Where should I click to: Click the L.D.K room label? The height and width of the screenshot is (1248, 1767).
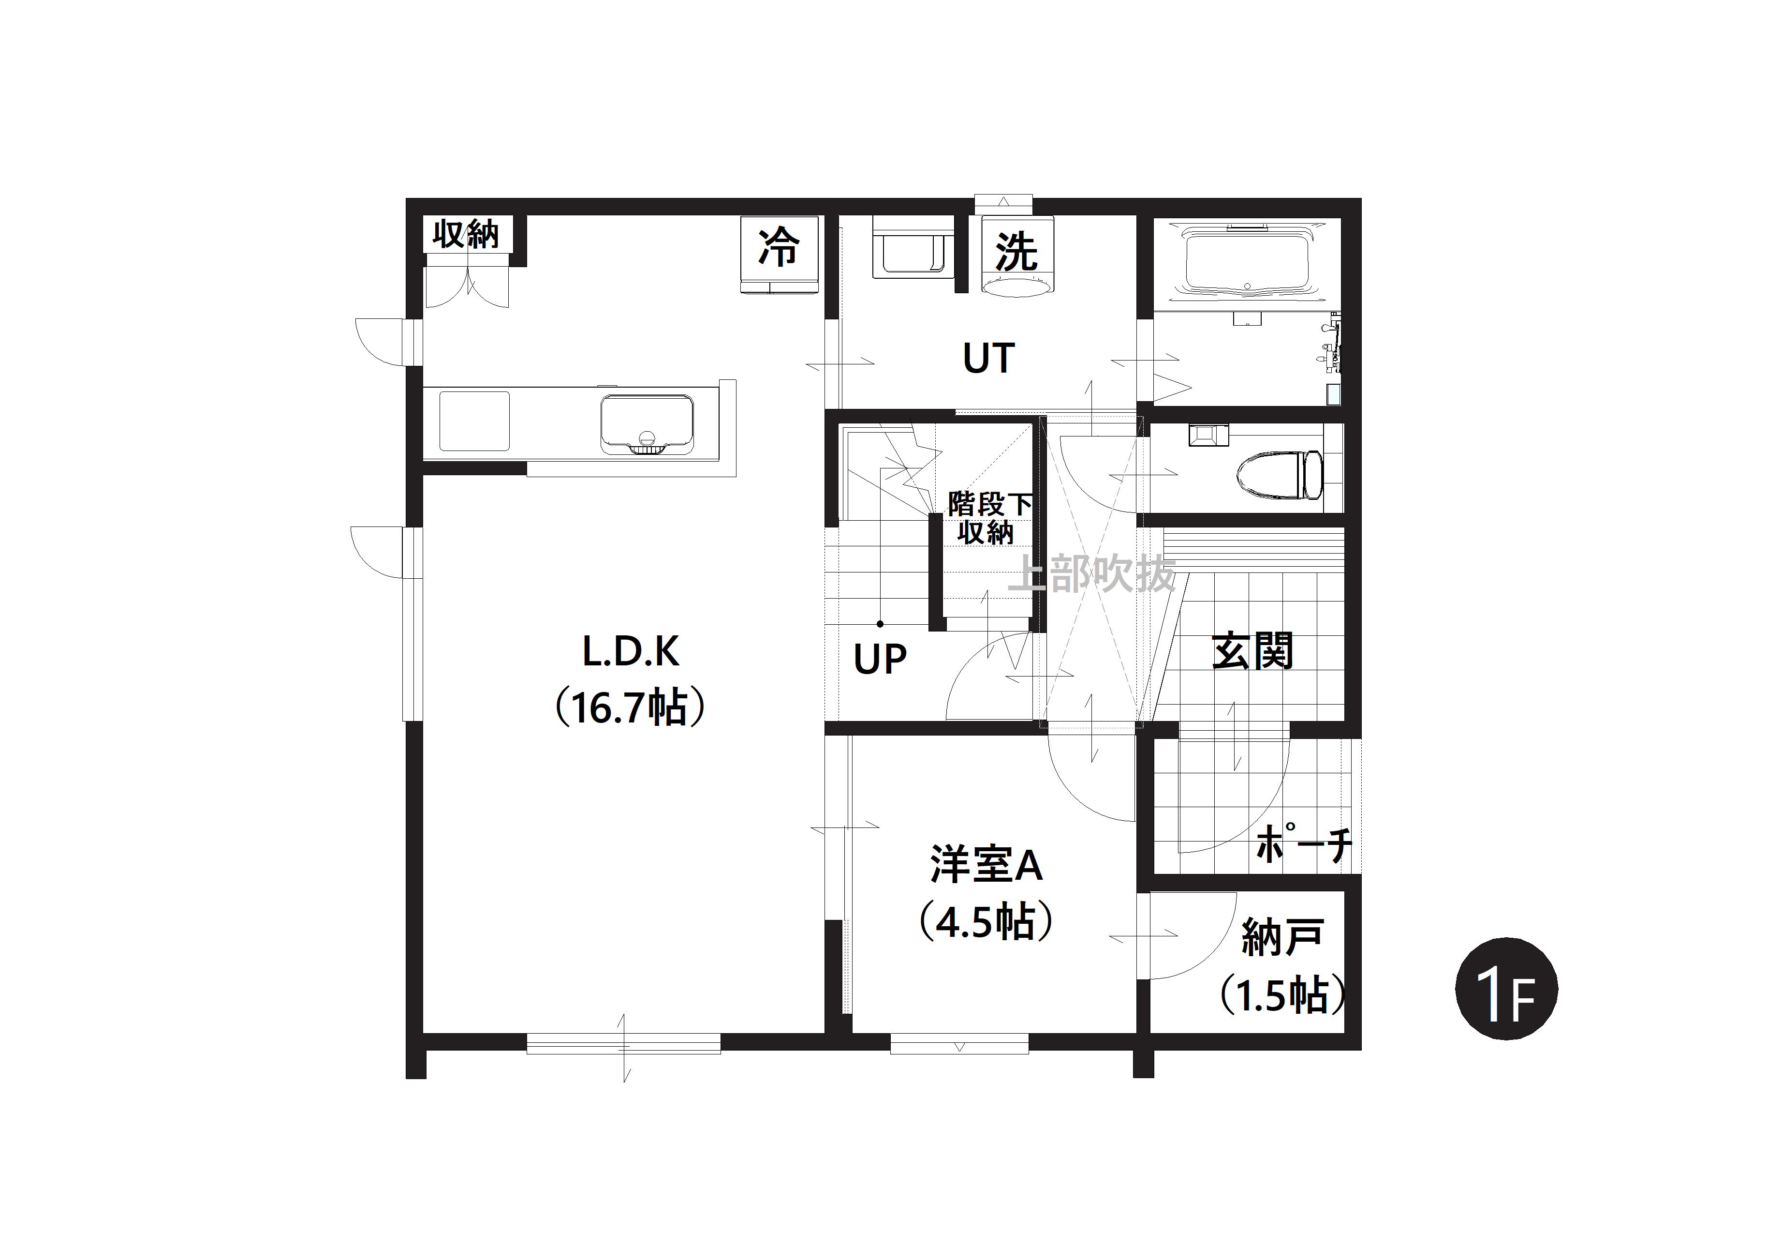(x=630, y=651)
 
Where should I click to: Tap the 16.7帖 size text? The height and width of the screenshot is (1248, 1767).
(x=630, y=707)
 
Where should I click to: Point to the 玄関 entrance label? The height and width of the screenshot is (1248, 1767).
(x=1252, y=651)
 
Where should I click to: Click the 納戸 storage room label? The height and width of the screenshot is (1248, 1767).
(x=1282, y=937)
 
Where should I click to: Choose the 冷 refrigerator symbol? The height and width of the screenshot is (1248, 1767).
(x=779, y=247)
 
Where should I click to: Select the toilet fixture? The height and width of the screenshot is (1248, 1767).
(x=1278, y=475)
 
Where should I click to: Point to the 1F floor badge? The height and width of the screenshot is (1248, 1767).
(x=1506, y=989)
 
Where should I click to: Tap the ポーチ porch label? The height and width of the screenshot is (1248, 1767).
(x=1303, y=844)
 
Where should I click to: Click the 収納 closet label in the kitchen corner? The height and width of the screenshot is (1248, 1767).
(x=466, y=234)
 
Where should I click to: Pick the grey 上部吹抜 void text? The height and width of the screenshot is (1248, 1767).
(x=1092, y=573)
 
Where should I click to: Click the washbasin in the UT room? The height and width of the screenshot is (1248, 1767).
(x=912, y=246)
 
